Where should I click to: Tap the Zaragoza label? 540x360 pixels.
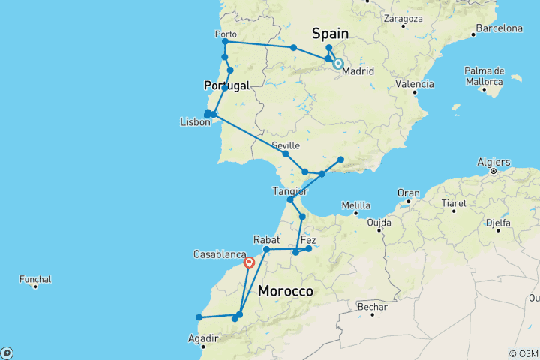click(x=403, y=17)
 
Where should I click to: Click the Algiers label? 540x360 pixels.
click(x=493, y=162)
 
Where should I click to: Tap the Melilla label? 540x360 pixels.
click(x=355, y=205)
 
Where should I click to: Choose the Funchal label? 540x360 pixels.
click(x=35, y=279)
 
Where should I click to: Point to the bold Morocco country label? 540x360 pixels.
click(x=285, y=290)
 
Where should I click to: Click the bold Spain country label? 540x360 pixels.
click(x=330, y=34)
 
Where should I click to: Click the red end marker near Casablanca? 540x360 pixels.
click(x=249, y=262)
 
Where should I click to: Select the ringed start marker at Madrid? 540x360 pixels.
click(x=338, y=64)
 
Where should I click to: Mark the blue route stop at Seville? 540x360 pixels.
click(x=286, y=154)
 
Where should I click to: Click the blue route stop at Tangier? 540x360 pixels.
click(x=290, y=200)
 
